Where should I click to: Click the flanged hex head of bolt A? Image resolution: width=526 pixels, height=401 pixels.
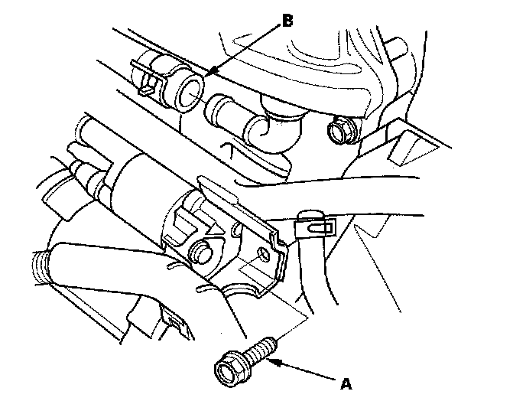point(229,366)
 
